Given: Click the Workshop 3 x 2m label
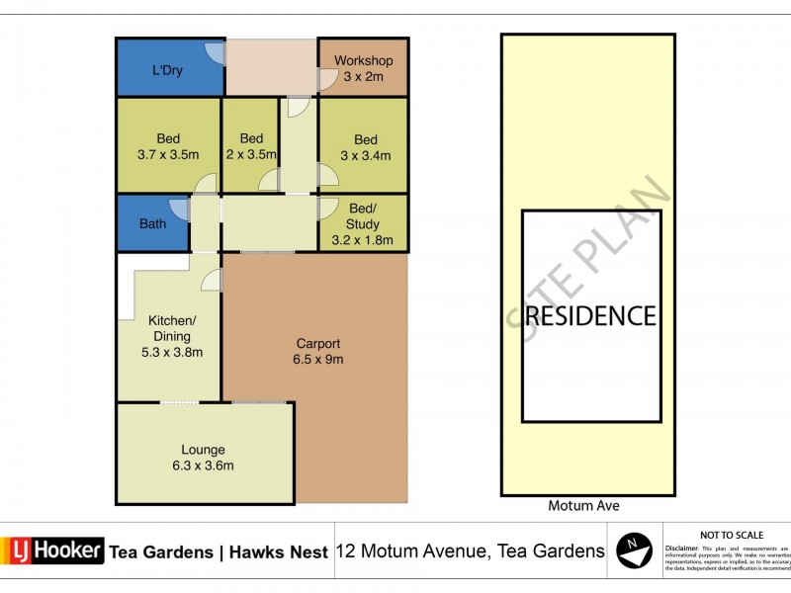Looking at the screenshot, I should tap(363, 68).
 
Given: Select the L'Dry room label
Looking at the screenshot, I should tap(167, 71).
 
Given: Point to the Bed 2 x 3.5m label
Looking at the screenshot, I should tap(251, 146).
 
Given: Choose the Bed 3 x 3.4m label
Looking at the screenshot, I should tap(365, 146).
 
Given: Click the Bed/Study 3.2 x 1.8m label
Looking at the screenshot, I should tap(363, 224).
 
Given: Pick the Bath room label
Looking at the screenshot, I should tap(152, 224).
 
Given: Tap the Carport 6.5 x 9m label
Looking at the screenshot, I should tap(319, 351).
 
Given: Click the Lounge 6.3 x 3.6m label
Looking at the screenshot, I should tap(203, 458).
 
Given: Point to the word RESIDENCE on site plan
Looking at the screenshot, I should tap(590, 315).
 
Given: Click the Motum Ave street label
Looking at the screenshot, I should tap(583, 506).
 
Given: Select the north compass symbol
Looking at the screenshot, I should tap(633, 550).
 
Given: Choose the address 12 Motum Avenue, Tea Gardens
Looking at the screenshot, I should tap(471, 551).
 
